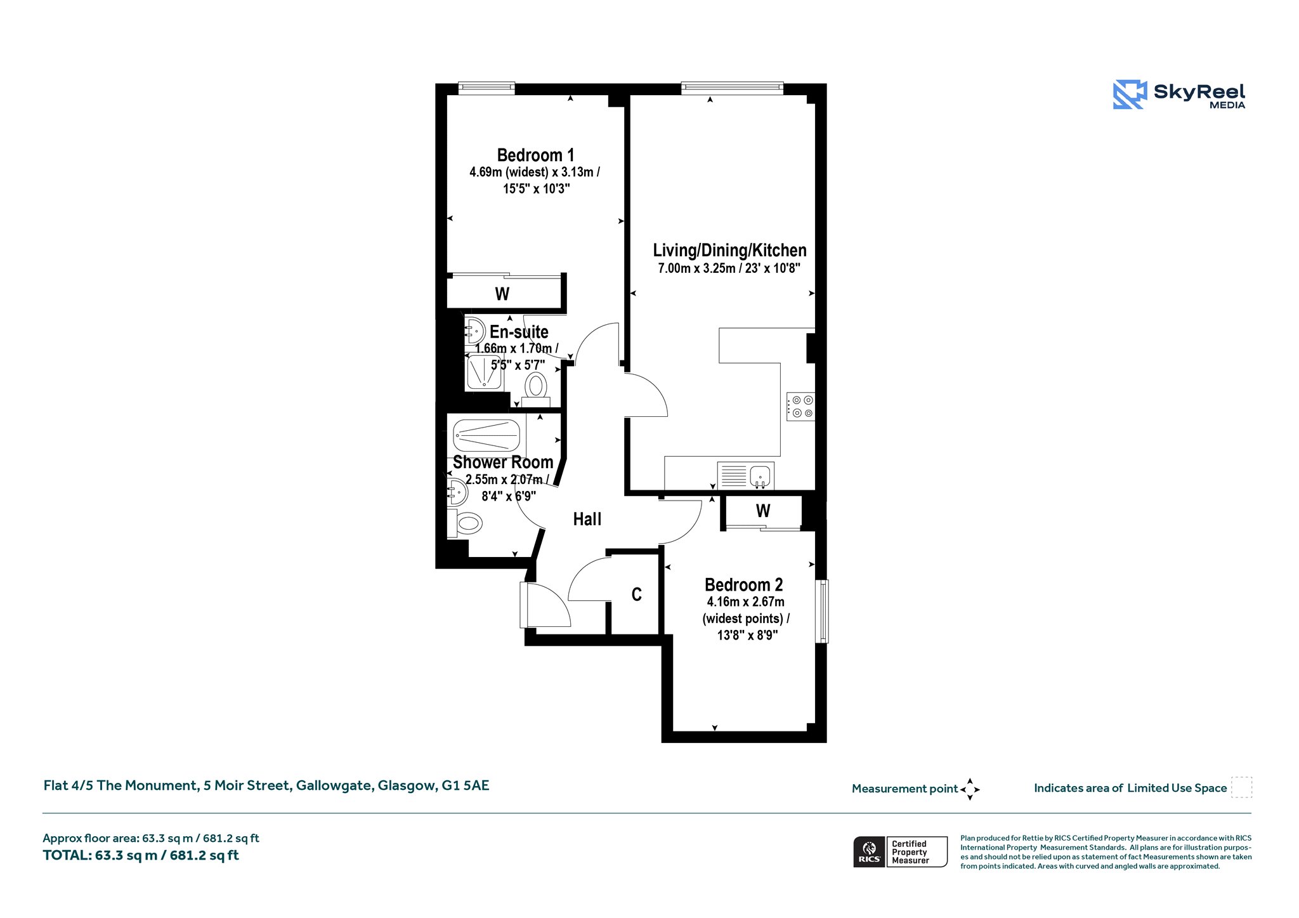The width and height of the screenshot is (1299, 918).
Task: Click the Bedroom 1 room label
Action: point(535,155)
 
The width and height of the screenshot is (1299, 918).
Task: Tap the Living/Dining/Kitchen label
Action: point(729,251)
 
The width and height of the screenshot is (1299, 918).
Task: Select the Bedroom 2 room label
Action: point(743,585)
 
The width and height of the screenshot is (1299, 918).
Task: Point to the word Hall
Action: point(587,520)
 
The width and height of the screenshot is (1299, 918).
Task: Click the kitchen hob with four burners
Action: point(800,407)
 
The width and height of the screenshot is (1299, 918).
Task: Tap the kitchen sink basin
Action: point(760,475)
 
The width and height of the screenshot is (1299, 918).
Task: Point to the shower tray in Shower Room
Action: point(486,436)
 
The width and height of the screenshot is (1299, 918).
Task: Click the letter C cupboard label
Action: point(636,594)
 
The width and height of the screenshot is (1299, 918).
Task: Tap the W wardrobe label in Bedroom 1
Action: point(502,294)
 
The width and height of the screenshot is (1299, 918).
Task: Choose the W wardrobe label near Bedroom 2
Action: point(763,511)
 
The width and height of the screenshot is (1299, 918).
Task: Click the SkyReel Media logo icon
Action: point(1130,95)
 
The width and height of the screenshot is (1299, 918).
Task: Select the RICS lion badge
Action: point(869,851)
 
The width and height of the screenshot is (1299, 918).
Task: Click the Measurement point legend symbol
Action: point(970,789)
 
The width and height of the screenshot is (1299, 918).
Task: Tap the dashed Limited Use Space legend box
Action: point(1241,787)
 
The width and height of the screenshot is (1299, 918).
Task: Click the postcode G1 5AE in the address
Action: point(466,785)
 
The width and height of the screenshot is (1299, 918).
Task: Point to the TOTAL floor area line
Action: point(141,855)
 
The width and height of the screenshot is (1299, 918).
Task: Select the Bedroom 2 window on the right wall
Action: point(822,611)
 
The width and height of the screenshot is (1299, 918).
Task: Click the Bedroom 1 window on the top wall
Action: point(486,88)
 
